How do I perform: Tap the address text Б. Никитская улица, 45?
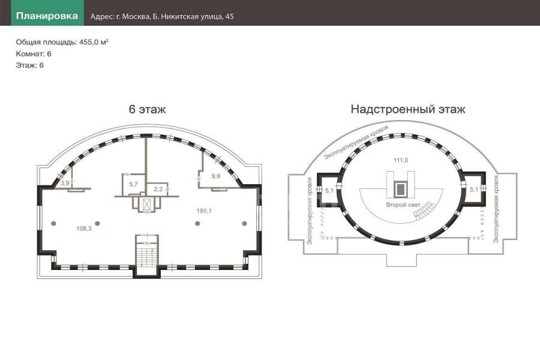tap(193, 17)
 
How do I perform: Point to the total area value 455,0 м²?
tap(94, 42)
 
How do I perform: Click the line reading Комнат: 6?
tap(34, 54)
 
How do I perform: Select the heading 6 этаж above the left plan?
tap(147, 109)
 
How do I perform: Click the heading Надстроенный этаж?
tap(408, 109)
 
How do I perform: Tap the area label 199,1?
tap(204, 211)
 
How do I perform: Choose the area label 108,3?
tap(83, 228)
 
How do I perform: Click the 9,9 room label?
tap(215, 176)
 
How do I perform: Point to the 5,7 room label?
tap(133, 184)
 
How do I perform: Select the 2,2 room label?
tap(158, 189)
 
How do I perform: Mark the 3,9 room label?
tap(65, 183)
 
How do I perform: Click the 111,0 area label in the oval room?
tap(401, 160)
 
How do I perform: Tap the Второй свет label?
tap(403, 205)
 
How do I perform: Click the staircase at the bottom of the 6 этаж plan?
tap(147, 251)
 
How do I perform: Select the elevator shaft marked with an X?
tap(147, 205)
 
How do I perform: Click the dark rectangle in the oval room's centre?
tap(400, 189)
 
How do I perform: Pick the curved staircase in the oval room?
tap(425, 210)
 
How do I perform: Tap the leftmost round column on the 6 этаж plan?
tap(53, 224)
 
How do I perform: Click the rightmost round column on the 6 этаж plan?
tap(244, 224)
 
